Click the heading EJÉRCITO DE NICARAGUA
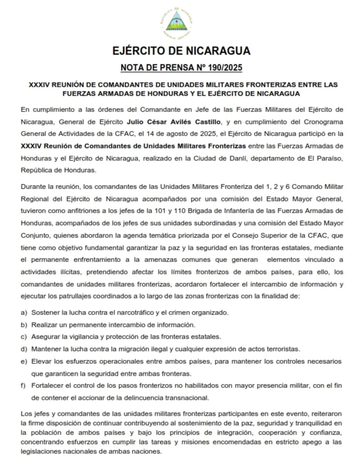point(181,51)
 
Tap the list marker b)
point(24,325)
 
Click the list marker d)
point(24,349)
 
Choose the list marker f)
point(24,385)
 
